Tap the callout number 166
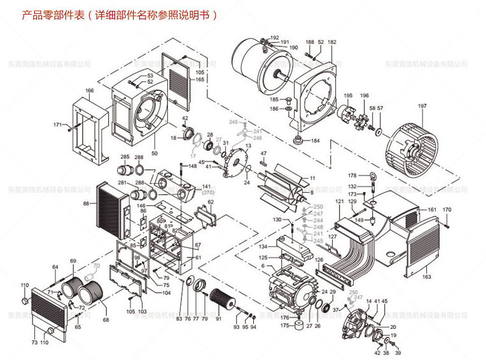tap(90, 90)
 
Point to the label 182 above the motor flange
tap(332, 42)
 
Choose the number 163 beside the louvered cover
tap(427, 277)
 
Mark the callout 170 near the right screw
tap(447, 209)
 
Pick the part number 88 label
tap(86, 204)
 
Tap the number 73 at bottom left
tap(34, 342)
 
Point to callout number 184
tap(316, 141)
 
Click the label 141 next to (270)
tap(206, 187)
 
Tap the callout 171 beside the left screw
tap(57, 125)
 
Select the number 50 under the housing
tap(155, 153)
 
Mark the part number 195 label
tap(348, 95)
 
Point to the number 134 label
tap(261, 246)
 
